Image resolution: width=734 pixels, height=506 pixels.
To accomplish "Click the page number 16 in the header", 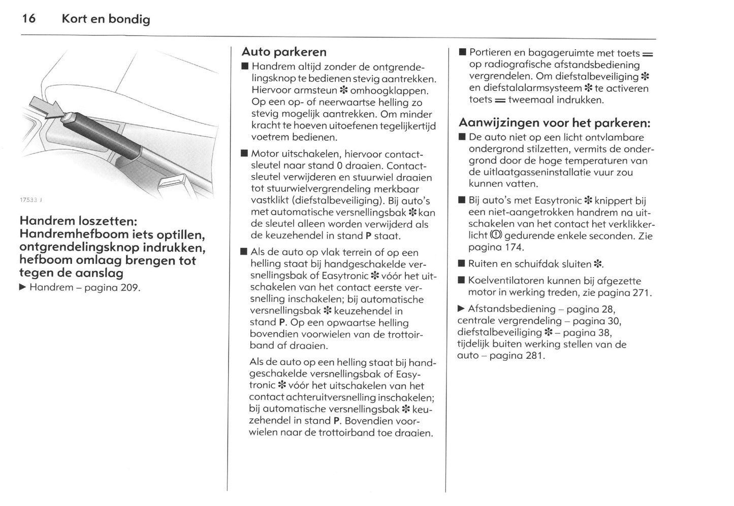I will (28, 19).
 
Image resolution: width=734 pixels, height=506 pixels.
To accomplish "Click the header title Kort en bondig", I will (106, 19).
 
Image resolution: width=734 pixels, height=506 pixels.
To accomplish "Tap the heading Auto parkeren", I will (284, 52).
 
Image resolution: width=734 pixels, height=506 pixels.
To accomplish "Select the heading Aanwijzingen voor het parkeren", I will (554, 123).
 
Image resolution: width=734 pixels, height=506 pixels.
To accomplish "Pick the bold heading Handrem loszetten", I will (78, 221).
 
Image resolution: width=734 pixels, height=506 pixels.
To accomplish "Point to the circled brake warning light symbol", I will (496, 235).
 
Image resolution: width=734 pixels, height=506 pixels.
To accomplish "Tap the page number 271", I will (639, 293).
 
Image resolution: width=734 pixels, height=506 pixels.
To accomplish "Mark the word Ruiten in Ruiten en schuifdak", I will (482, 264).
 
